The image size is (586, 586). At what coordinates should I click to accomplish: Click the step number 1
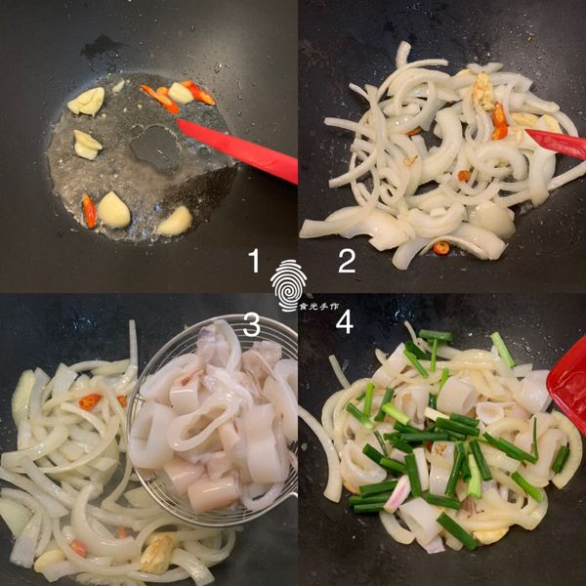[255, 261]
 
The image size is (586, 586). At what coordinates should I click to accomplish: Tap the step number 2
[346, 261]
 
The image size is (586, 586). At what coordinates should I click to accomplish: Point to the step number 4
[345, 322]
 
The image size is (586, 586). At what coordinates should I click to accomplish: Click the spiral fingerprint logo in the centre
[288, 283]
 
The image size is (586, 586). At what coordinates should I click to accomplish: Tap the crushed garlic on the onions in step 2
[482, 91]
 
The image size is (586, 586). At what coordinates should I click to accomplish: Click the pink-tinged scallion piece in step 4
[397, 494]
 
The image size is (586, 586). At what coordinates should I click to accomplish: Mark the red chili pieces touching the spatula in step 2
[500, 121]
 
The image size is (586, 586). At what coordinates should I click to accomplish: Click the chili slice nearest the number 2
[441, 248]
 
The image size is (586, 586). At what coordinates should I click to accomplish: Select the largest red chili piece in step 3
[90, 401]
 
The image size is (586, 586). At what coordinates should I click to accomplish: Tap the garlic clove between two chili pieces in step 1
[180, 93]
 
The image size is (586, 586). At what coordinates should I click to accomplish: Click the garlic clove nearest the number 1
[176, 221]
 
